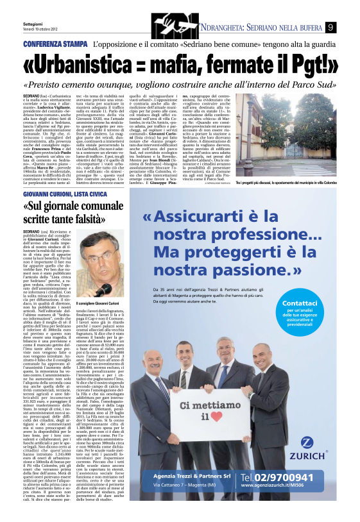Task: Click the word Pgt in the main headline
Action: pyautogui.click(x=289, y=66)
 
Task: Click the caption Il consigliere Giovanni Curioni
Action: pyautogui.click(x=98, y=302)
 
